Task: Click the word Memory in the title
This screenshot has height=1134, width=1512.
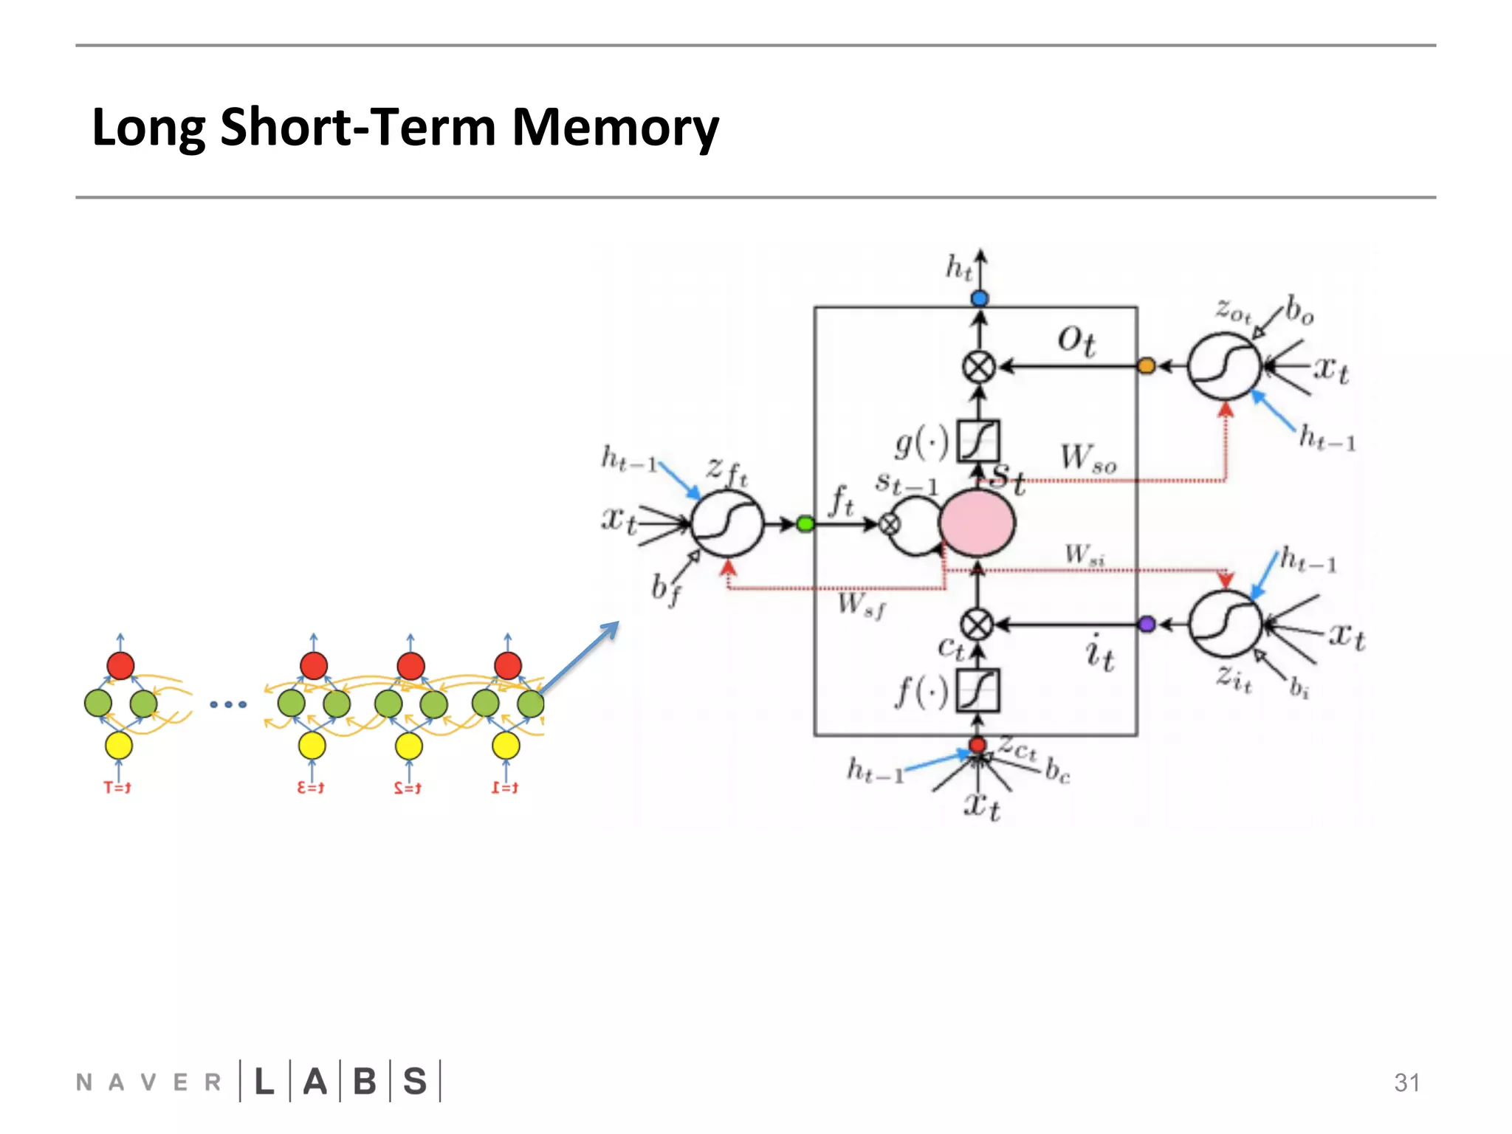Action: [x=614, y=127]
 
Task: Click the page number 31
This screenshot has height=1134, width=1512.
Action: [x=1406, y=1082]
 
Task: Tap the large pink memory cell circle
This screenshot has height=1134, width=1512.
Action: [x=977, y=523]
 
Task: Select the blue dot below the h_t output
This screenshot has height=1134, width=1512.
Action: [x=980, y=298]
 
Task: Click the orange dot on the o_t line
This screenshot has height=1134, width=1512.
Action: [x=1146, y=365]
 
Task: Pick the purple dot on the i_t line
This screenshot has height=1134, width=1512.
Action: [x=1147, y=625]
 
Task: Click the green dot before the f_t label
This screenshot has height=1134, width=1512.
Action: [x=805, y=524]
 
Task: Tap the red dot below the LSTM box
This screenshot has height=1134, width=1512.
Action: [x=977, y=745]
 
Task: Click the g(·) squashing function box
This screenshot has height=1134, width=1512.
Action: [x=978, y=441]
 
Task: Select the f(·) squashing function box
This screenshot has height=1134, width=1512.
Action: [x=977, y=690]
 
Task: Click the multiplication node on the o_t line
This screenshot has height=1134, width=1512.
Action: [x=979, y=366]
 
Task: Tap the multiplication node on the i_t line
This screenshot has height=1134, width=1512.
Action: [x=977, y=625]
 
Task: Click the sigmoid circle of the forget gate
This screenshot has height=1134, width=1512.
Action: [x=727, y=523]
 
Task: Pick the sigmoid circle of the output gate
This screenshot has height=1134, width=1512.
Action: [x=1224, y=366]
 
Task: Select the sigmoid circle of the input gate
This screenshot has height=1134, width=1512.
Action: [x=1225, y=625]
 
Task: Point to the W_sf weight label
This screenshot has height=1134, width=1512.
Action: [x=861, y=605]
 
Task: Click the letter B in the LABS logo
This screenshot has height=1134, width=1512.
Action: [x=365, y=1082]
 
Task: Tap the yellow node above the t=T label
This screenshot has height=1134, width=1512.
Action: [x=119, y=746]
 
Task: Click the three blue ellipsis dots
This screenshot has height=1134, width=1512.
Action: [x=228, y=704]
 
